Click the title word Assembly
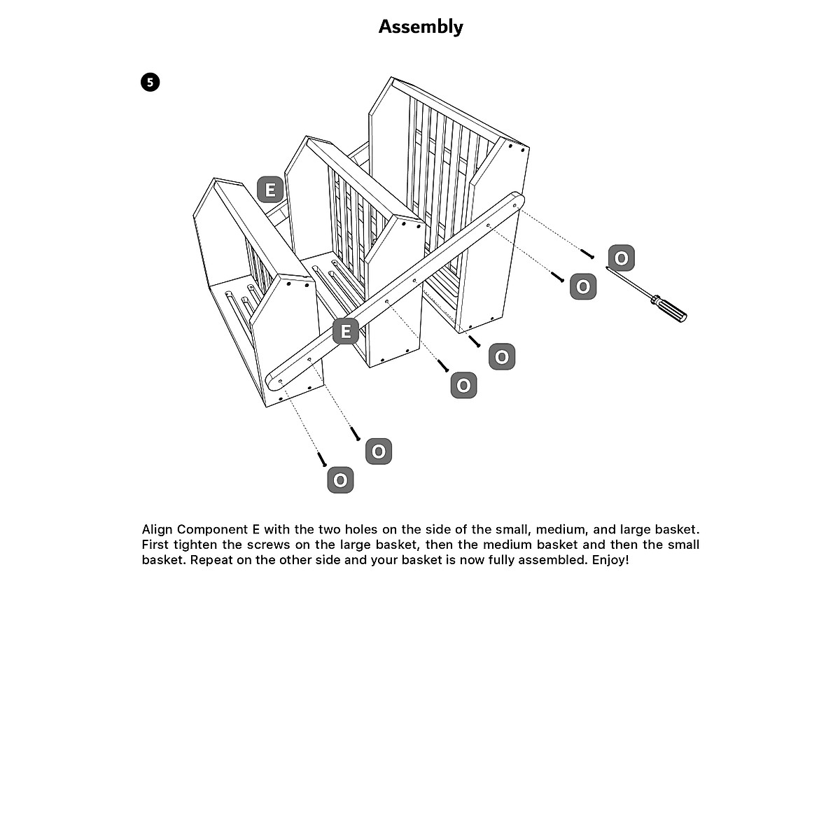point(420,27)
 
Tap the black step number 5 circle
point(150,83)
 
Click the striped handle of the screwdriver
point(668,309)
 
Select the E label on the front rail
point(346,330)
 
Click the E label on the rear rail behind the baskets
point(270,190)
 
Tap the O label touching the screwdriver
point(621,258)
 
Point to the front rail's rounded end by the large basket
point(514,204)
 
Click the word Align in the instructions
point(157,529)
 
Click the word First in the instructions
point(155,545)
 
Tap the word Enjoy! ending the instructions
point(610,560)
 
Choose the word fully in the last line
point(498,560)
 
